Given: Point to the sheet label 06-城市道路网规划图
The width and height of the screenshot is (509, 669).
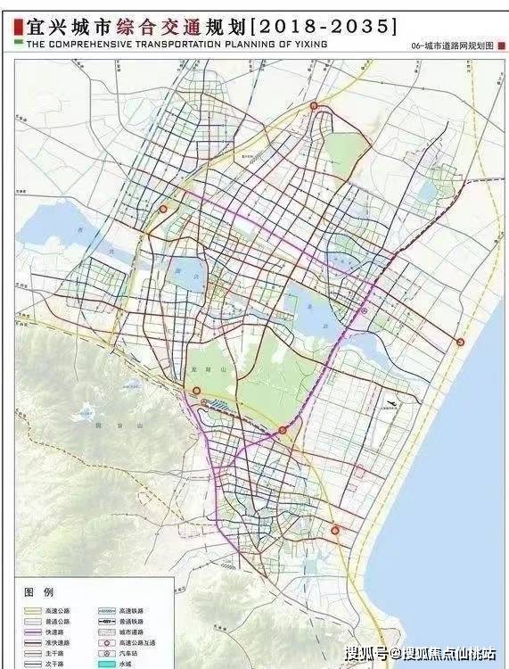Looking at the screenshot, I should click(x=452, y=45).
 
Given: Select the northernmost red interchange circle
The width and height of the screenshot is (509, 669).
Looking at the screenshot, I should click(x=314, y=106).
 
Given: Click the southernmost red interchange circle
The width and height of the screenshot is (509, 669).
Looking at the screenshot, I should click(x=336, y=530).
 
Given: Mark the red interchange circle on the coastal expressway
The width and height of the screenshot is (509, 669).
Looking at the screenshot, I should click(x=460, y=342).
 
